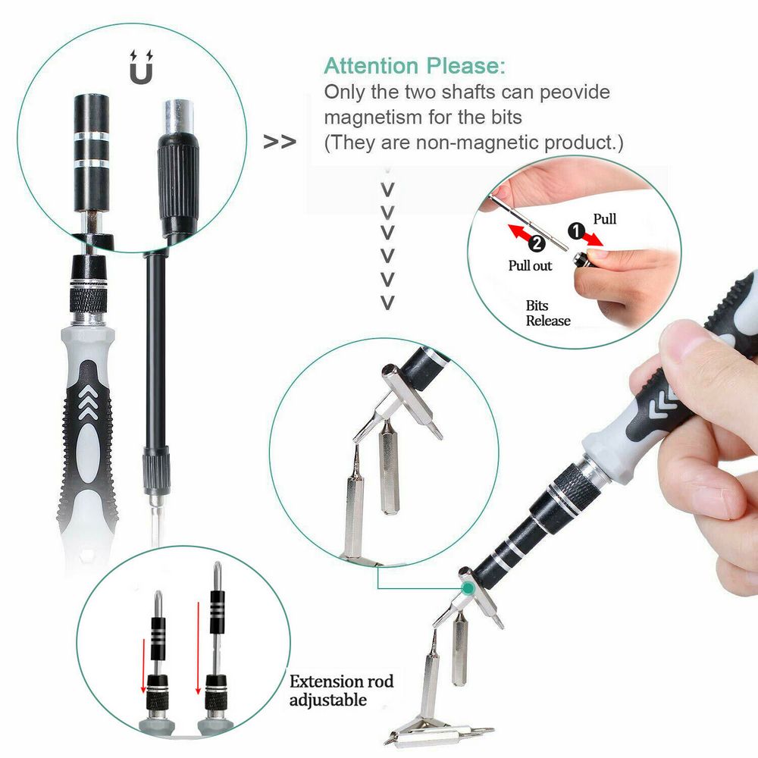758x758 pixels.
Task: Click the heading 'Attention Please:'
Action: tap(415, 66)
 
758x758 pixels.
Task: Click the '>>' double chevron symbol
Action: tap(279, 142)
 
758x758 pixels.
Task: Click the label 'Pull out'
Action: tap(531, 266)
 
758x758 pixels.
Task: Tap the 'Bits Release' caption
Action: tap(548, 313)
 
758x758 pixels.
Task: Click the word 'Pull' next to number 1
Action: tap(604, 219)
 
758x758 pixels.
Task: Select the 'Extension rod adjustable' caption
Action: tap(341, 690)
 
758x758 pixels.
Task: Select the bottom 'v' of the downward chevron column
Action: tap(388, 303)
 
